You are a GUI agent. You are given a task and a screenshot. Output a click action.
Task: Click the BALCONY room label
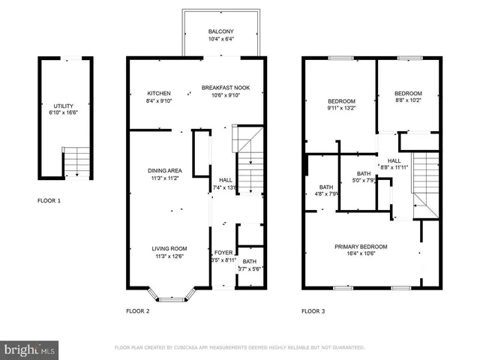(221, 31)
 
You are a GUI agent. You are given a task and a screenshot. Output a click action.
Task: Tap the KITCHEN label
(158, 88)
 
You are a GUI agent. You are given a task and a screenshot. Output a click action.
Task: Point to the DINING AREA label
(165, 170)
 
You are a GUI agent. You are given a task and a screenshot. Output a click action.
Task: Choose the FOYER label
(223, 253)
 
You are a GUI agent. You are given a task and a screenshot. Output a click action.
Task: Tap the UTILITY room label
(64, 106)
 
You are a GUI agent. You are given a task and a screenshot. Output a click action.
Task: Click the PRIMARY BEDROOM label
(361, 247)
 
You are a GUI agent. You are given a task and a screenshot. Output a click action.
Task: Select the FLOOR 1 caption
(49, 201)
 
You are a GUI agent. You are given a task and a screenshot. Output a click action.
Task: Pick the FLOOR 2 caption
(138, 310)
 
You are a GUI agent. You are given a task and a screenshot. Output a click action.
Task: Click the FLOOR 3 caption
(313, 310)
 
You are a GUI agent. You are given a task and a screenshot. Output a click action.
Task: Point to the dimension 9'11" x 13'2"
(340, 107)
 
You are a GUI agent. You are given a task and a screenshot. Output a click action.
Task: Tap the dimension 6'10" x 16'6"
(64, 113)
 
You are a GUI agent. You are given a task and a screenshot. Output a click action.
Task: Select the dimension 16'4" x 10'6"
(361, 253)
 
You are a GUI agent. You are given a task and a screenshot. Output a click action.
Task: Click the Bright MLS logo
(30, 349)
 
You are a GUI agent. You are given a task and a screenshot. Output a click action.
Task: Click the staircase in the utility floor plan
(76, 161)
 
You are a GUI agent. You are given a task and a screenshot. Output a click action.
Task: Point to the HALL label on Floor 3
(394, 160)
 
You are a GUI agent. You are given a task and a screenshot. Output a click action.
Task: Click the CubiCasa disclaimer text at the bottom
(239, 348)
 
